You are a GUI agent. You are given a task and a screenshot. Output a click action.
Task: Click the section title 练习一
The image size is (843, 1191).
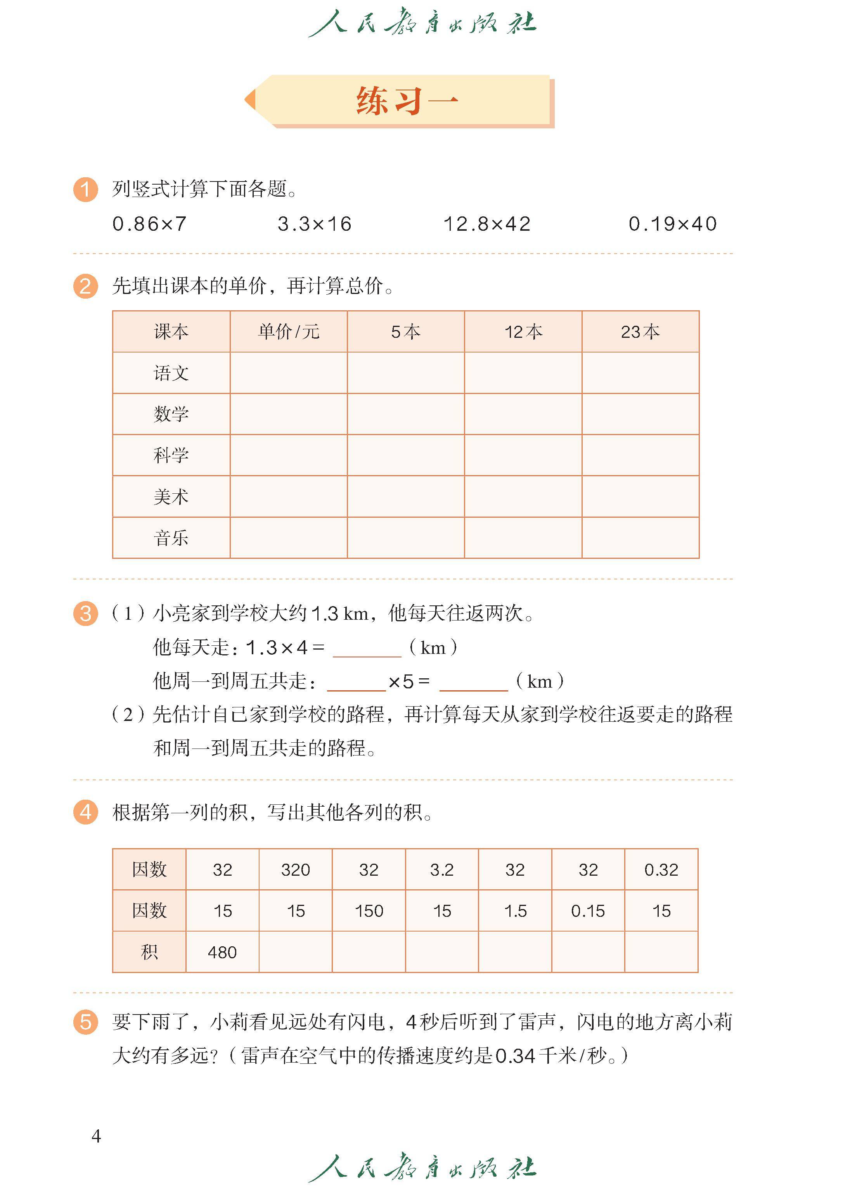[407, 101]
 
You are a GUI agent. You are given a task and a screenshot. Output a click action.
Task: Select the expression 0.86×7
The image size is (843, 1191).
[149, 224]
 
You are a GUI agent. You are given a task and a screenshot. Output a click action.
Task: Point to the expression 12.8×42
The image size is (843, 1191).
[487, 224]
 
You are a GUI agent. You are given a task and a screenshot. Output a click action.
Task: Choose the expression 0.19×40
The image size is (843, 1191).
[673, 224]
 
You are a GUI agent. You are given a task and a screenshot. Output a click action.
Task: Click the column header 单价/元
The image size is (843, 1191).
[289, 332]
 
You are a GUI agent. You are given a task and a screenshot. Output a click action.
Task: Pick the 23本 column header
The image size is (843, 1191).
[640, 332]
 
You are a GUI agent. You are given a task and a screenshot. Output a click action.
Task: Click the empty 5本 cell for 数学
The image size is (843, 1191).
[405, 414]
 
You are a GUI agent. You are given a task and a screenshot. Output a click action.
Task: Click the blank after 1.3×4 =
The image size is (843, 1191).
[367, 649]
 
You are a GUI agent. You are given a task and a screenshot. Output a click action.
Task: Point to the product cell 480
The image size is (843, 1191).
[222, 952]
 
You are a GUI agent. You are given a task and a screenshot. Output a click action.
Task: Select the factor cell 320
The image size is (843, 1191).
[295, 870]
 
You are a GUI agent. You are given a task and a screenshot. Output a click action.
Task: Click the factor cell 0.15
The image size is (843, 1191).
[588, 911]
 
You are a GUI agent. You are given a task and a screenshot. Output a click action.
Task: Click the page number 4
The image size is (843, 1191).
[96, 1136]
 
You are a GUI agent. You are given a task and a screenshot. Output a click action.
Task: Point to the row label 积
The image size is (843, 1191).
[149, 952]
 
